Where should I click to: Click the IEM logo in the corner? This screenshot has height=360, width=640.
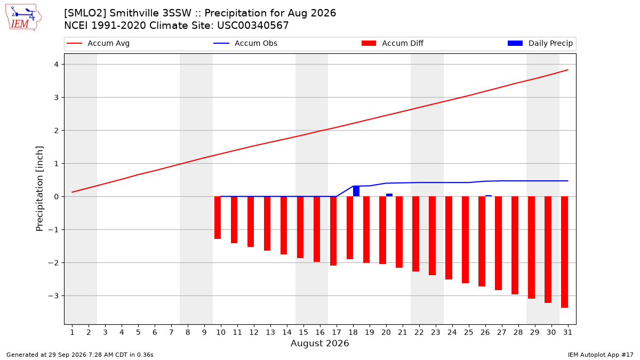pos(23,17)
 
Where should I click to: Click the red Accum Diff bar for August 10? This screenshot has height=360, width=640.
pos(218,218)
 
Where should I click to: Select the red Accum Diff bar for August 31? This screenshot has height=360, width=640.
pos(565,252)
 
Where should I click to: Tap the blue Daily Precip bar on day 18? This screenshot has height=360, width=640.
pos(356,191)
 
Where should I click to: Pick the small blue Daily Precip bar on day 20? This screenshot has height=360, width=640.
pos(389,195)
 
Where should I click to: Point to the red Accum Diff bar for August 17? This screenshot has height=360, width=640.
pos(333,231)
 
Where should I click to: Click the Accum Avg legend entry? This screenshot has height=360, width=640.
pos(98,43)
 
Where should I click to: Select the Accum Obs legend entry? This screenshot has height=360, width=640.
pos(245,43)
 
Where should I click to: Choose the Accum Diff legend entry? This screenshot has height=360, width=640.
pos(393,43)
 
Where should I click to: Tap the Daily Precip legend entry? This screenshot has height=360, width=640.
pos(540,43)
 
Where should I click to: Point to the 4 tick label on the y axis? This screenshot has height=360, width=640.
pos(57,65)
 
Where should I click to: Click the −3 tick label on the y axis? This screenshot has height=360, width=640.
pos(53,295)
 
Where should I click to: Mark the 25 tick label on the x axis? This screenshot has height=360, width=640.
pos(469,332)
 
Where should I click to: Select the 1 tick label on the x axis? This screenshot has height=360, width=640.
pos(72,332)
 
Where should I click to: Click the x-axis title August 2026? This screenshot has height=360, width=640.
pos(319,343)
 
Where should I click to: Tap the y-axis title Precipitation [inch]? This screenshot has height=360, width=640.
pos(39,189)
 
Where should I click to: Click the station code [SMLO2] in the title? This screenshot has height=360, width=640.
pos(85,13)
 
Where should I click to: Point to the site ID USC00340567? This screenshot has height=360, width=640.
pos(253,26)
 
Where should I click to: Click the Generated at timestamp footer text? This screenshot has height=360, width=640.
pos(79,355)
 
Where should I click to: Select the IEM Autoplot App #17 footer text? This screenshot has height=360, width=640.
pos(601,355)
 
